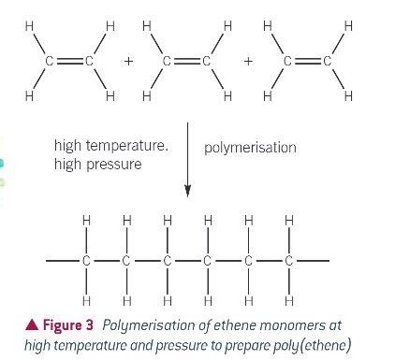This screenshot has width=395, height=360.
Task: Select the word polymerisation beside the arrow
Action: click(x=249, y=148)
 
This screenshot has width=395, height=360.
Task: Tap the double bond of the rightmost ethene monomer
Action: click(x=306, y=62)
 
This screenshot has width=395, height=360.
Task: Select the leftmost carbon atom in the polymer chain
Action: click(x=85, y=261)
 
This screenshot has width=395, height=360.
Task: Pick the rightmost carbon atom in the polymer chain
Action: click(x=288, y=261)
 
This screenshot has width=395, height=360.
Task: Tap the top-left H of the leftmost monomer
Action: click(x=30, y=26)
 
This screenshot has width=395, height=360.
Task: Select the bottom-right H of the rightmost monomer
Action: click(x=347, y=96)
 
